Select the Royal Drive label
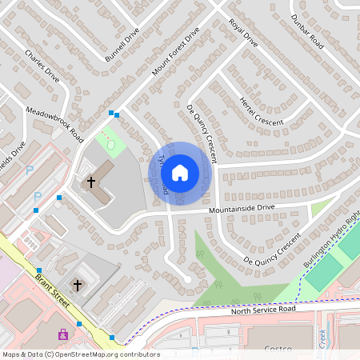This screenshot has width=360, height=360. click(x=243, y=33)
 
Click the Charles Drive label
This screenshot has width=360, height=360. click(x=42, y=66)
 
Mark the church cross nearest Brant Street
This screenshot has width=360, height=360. click(x=78, y=285)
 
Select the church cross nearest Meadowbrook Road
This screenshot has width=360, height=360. click(x=91, y=182)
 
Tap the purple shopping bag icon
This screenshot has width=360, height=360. click(x=62, y=334)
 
